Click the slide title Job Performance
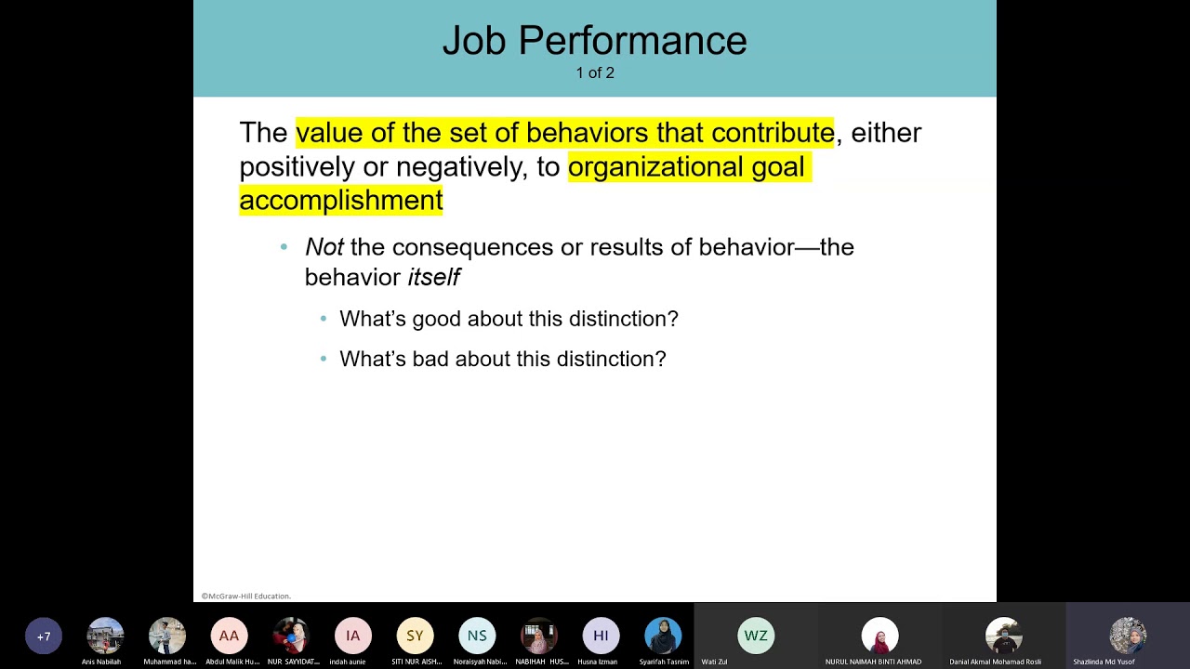tap(594, 41)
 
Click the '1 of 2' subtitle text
tap(595, 72)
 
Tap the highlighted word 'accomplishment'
tap(340, 201)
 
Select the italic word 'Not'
tap(324, 247)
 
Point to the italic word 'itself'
tap(434, 277)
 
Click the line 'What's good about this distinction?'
tap(509, 319)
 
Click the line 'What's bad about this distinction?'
tap(502, 359)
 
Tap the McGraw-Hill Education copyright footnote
tap(246, 596)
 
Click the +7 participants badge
tap(44, 636)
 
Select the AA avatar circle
tap(229, 636)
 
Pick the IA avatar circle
tap(352, 636)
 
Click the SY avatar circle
tap(415, 636)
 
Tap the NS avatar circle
tap(477, 636)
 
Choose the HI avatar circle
tap(601, 636)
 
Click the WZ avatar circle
tap(756, 636)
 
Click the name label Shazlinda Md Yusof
tap(1104, 662)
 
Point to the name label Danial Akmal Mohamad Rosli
tap(995, 662)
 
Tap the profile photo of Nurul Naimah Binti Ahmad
tap(879, 636)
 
